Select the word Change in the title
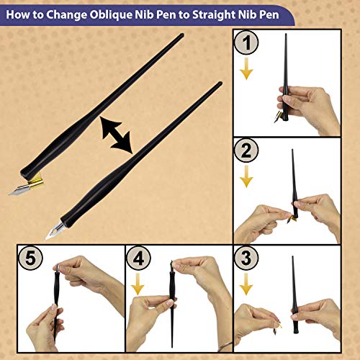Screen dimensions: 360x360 73,14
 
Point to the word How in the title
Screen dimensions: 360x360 19,14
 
